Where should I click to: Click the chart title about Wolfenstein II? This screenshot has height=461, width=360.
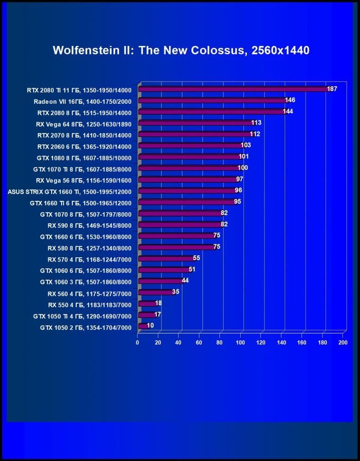181,50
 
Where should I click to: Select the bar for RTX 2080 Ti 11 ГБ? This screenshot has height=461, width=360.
232,89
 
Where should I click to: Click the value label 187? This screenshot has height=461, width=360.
332,89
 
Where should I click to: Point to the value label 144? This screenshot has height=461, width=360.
288,111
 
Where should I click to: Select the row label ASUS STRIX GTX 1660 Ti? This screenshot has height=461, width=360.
70,191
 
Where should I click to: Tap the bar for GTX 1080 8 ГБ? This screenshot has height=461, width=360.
189,157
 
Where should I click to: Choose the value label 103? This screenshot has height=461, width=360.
245,145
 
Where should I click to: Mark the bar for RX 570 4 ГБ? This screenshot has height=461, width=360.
166,259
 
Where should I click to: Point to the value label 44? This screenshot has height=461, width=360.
185,280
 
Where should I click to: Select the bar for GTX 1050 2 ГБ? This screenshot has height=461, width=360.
143,326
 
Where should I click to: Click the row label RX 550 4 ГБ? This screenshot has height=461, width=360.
90,305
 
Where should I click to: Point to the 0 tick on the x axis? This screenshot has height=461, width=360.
138,342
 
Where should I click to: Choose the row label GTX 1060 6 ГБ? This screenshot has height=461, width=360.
86,271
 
